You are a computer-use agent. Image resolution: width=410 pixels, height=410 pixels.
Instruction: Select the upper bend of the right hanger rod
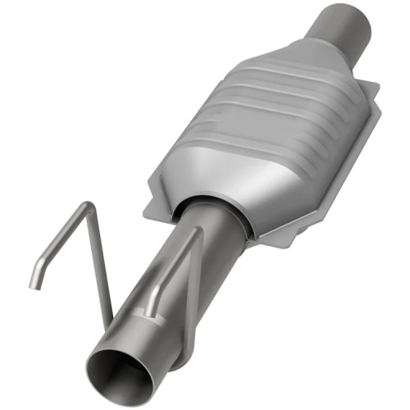(x=196, y=230)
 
